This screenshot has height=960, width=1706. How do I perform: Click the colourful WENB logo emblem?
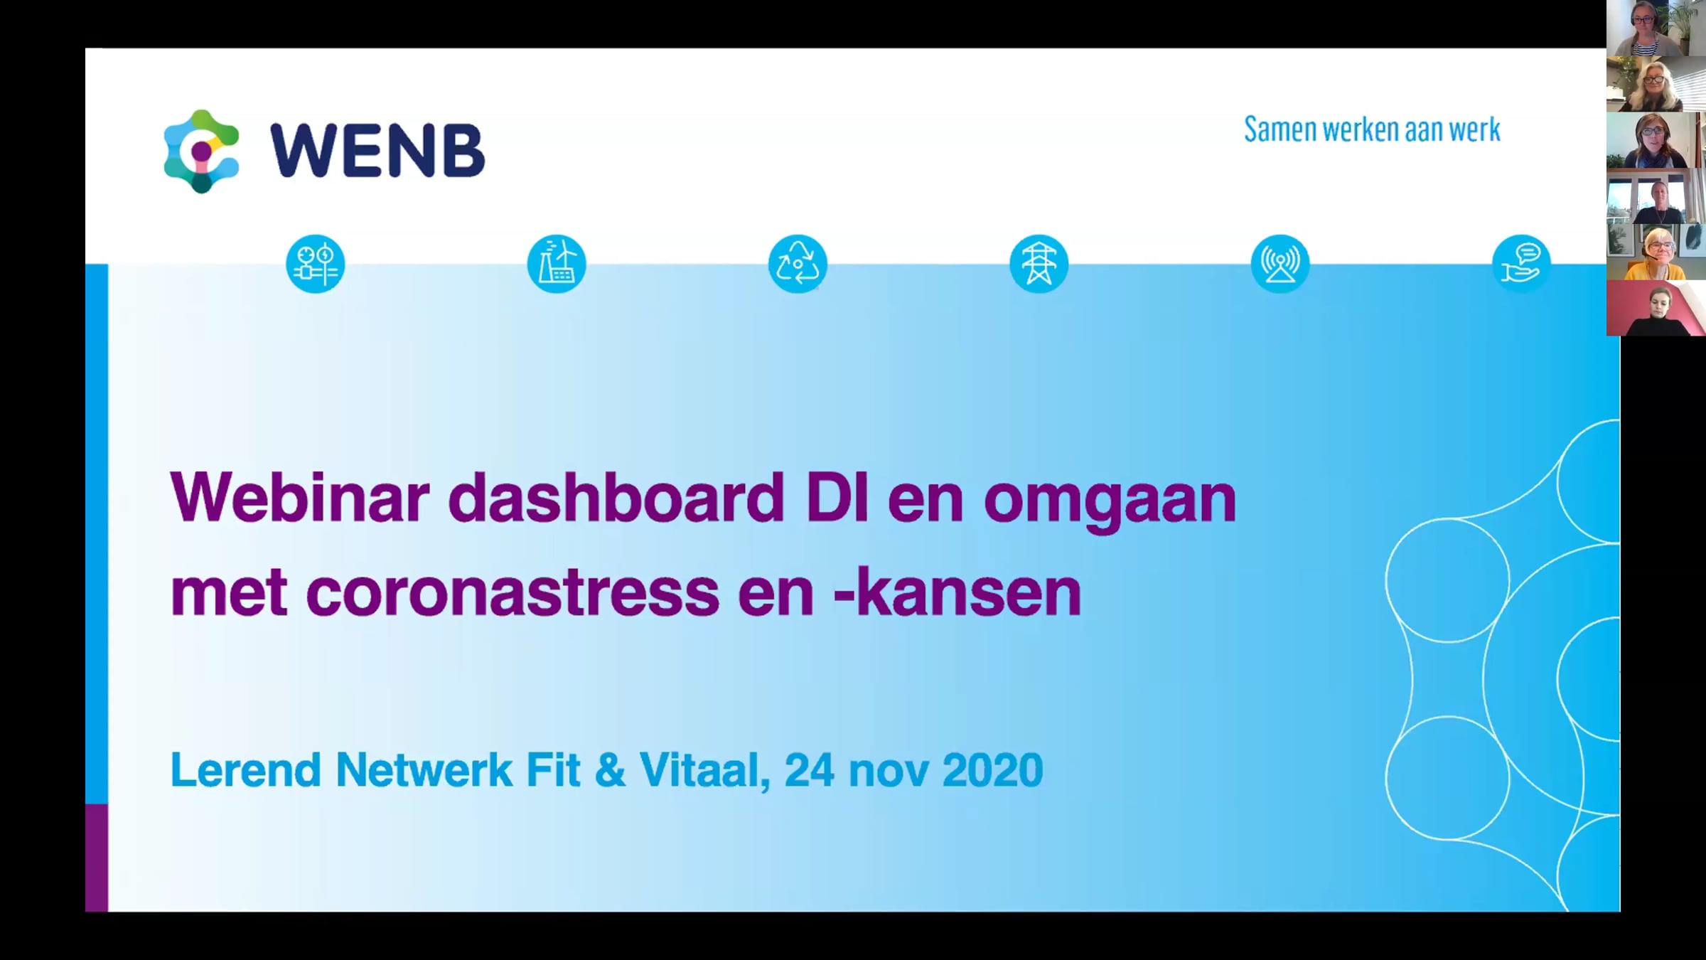click(x=201, y=151)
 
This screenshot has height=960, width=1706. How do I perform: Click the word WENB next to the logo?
click(x=377, y=150)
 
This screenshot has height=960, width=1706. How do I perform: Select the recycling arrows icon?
click(x=798, y=264)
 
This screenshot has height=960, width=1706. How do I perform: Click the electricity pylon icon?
click(x=1039, y=264)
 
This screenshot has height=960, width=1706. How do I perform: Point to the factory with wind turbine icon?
click(x=557, y=264)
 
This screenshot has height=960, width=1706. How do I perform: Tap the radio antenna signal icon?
click(x=1280, y=264)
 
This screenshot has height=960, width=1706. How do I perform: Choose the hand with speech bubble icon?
click(x=1521, y=264)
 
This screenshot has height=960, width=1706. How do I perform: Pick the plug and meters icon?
click(x=316, y=264)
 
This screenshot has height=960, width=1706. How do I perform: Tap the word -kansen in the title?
click(x=957, y=592)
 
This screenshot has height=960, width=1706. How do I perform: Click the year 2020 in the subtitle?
click(x=992, y=770)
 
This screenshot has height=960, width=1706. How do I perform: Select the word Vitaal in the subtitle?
click(x=704, y=771)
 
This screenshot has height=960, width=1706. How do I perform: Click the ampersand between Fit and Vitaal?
click(x=610, y=770)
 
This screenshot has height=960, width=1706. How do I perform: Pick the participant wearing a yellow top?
click(x=1656, y=252)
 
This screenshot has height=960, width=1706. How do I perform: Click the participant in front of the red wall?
click(x=1656, y=308)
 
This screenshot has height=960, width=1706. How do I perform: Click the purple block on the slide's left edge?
click(x=97, y=858)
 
